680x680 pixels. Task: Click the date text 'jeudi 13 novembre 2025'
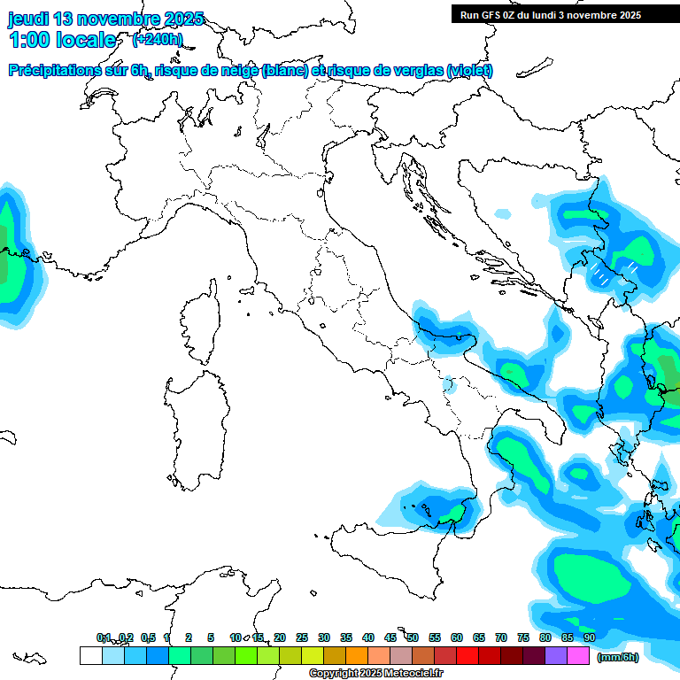[x=105, y=19]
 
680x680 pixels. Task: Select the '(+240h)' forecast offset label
[x=157, y=39]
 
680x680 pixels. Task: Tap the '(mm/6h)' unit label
[x=618, y=657]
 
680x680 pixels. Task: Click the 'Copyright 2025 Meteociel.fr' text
[x=375, y=674]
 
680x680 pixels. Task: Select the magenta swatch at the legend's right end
[x=578, y=655]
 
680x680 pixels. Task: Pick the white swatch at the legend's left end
[x=90, y=655]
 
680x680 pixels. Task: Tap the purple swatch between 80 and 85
[x=556, y=655]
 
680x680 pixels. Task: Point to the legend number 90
[x=589, y=637]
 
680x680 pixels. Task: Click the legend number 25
[x=302, y=637]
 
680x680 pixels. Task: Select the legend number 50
[x=413, y=637]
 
